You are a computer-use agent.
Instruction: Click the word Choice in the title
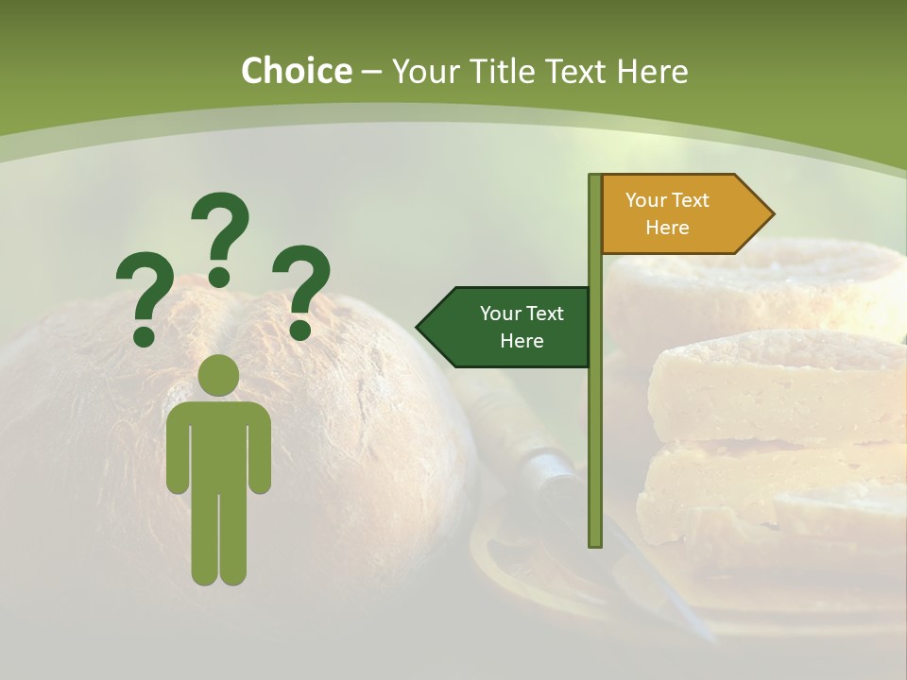click(296, 72)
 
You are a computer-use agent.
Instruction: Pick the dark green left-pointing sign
click(506, 327)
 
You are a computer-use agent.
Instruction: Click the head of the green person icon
click(218, 375)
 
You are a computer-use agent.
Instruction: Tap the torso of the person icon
click(218, 444)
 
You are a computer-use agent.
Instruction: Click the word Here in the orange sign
click(667, 228)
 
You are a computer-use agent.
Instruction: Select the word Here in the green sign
click(522, 341)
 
